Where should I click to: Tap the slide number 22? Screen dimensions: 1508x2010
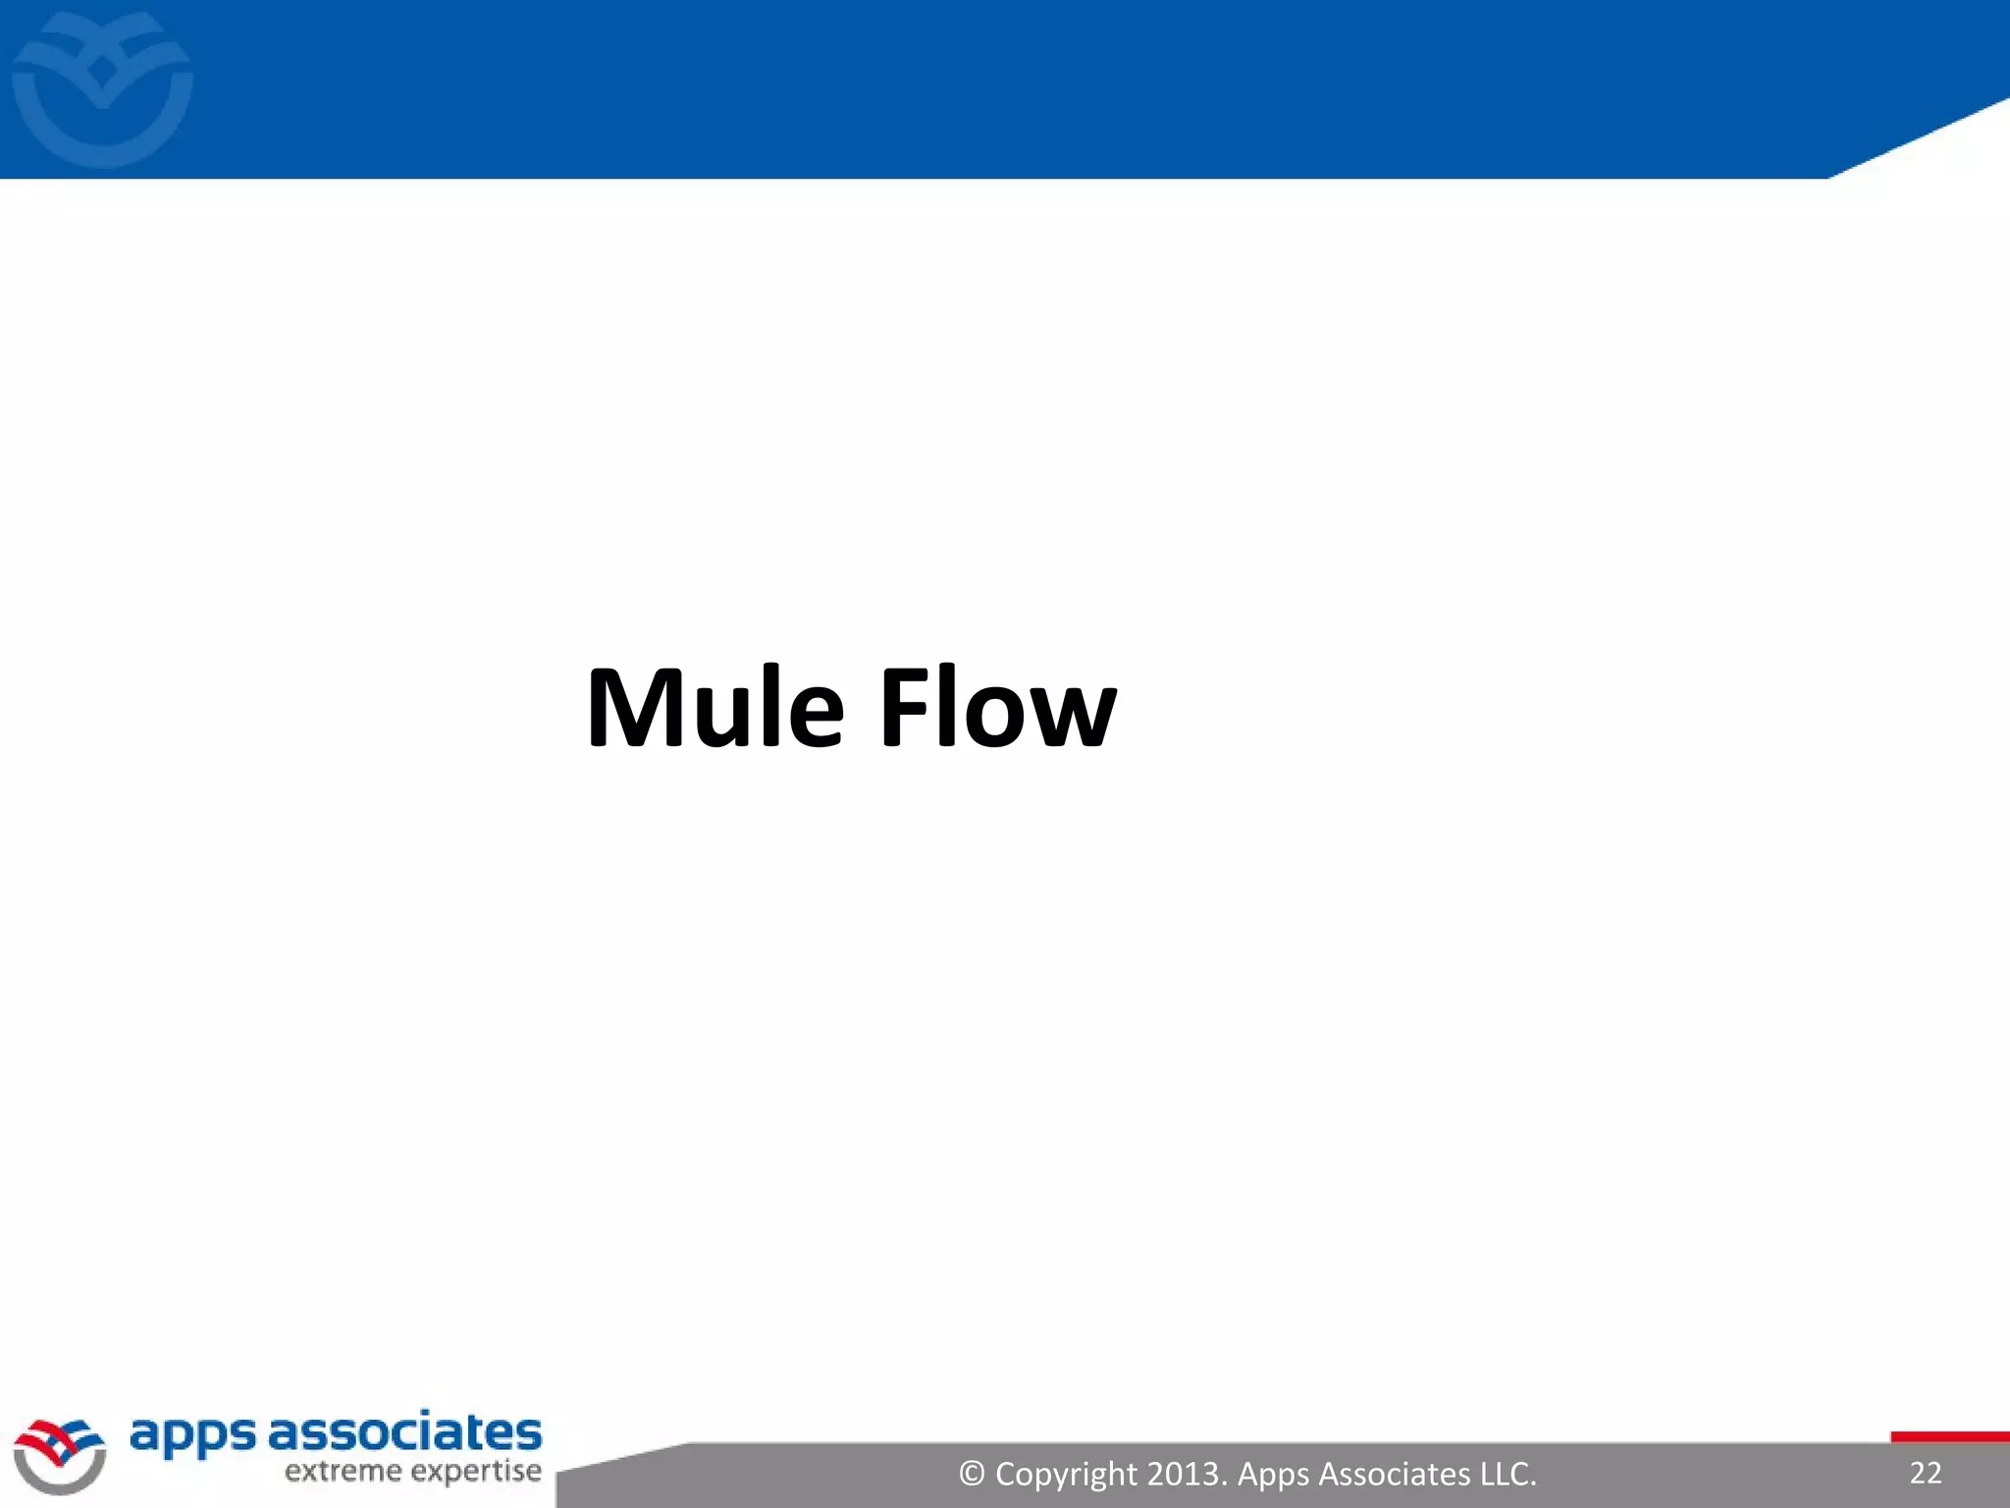click(x=1926, y=1473)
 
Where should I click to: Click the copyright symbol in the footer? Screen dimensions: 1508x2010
click(x=972, y=1474)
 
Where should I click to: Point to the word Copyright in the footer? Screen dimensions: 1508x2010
click(x=1066, y=1475)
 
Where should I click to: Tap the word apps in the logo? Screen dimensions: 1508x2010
click(x=192, y=1435)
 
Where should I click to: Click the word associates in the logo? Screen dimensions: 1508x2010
click(x=404, y=1433)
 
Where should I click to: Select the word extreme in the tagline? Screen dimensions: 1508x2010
click(x=343, y=1472)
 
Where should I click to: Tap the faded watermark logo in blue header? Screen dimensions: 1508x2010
click(x=102, y=88)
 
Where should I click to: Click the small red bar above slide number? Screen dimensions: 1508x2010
click(x=1949, y=1437)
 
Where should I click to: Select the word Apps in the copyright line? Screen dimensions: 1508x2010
click(x=1273, y=1474)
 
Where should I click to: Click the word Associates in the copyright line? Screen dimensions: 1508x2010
click(x=1395, y=1474)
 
